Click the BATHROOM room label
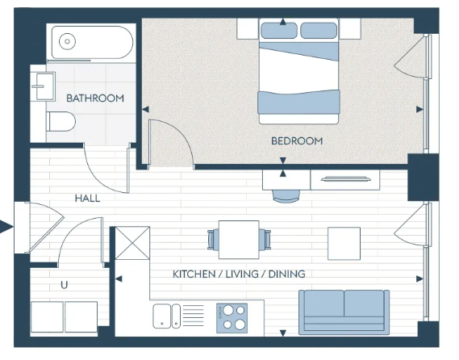pyautogui.click(x=95, y=98)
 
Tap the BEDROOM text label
pyautogui.click(x=297, y=141)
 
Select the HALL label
pyautogui.click(x=87, y=199)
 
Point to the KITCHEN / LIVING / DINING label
pyautogui.click(x=239, y=274)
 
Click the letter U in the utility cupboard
pyautogui.click(x=64, y=285)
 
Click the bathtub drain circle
pyautogui.click(x=67, y=41)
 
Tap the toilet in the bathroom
pyautogui.click(x=61, y=122)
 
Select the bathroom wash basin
pyautogui.click(x=44, y=86)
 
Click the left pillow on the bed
pyautogui.click(x=279, y=30)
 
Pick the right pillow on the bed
pyautogui.click(x=319, y=30)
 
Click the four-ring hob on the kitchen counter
pyautogui.click(x=232, y=318)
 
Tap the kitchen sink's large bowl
pyautogui.click(x=161, y=316)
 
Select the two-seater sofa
pyautogui.click(x=344, y=312)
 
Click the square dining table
pyautogui.click(x=239, y=240)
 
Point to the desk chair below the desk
pyautogui.click(x=286, y=196)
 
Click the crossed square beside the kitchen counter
pyautogui.click(x=132, y=243)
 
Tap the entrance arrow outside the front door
pyautogui.click(x=6, y=227)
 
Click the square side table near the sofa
pyautogui.click(x=344, y=244)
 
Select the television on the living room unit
pyautogui.click(x=346, y=178)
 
